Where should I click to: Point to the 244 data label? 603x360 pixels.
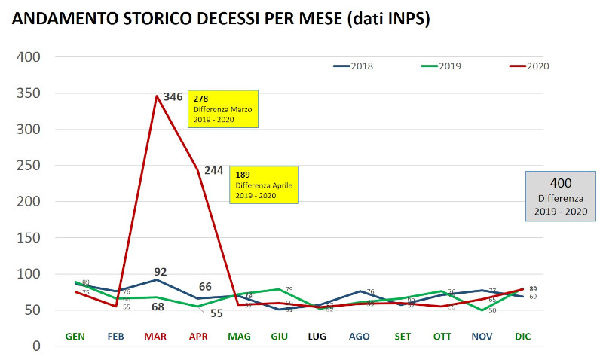[213, 170]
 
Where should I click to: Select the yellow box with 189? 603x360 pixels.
[264, 185]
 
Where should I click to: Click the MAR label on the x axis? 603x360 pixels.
[156, 336]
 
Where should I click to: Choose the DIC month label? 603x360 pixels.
[522, 336]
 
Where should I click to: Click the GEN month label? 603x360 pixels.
[75, 336]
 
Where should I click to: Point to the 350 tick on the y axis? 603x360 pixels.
[28, 93]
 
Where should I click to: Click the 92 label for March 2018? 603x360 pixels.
[160, 271]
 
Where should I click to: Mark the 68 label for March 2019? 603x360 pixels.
[158, 307]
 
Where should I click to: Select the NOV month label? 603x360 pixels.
[482, 336]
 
